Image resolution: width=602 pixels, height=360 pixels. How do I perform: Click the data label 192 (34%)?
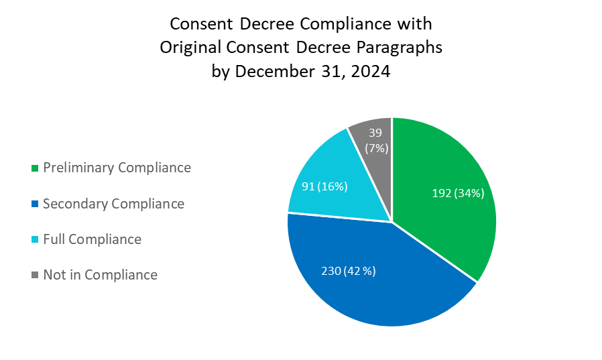457,194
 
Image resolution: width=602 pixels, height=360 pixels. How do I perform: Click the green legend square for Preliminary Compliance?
34,168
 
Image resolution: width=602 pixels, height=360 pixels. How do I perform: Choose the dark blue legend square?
34,204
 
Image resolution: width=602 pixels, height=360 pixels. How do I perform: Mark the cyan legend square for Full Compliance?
34,239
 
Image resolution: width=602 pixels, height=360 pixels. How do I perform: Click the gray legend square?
34,275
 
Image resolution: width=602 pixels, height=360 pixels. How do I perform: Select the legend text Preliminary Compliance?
117,168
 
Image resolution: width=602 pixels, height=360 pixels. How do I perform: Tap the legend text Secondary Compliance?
113,203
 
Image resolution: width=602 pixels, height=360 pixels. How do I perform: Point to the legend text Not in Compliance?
100,274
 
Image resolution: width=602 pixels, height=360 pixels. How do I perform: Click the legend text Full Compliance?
92,239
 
